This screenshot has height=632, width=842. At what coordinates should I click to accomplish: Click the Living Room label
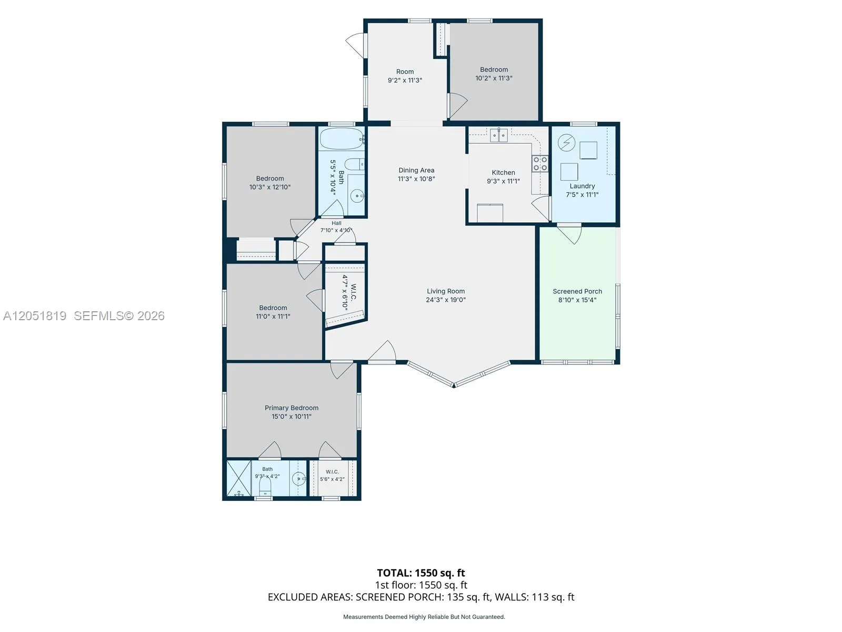coord(445,291)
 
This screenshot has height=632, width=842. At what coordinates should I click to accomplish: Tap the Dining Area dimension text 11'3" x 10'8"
coord(416,179)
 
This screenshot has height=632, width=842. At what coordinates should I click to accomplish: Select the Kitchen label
coord(503,173)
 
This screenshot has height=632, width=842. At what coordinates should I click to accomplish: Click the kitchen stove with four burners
coord(540,163)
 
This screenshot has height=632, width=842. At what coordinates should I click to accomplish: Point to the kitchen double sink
coord(499,135)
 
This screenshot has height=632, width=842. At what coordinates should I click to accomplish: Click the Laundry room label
coord(582,186)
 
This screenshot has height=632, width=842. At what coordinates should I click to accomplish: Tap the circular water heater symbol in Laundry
coord(566,143)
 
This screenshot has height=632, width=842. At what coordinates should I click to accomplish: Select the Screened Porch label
coord(577,291)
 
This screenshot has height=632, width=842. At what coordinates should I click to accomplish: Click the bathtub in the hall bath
coord(342,139)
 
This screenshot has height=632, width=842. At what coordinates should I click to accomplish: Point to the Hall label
coord(336,223)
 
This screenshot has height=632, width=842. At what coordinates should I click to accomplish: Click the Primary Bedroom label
coord(292,408)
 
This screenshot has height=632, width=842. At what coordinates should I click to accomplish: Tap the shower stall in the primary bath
coord(238,478)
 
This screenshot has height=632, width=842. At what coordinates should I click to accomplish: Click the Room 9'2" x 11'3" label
coord(405,76)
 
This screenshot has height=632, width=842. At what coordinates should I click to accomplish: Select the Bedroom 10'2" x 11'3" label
coord(494,74)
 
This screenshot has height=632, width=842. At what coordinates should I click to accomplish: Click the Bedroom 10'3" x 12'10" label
coord(270,183)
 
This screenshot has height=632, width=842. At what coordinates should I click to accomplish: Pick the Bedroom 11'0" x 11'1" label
coord(273,312)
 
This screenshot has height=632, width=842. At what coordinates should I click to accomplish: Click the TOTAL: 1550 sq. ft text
coord(421,573)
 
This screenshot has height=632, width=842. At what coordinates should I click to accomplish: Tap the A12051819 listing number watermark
coord(35,316)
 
